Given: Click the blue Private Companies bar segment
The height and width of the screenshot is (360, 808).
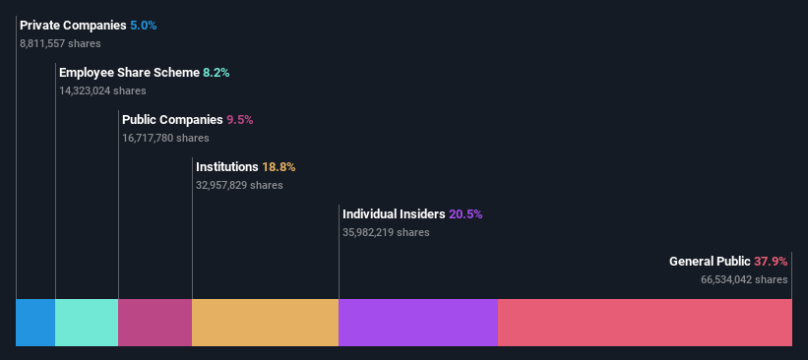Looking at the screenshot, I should click(x=35, y=323).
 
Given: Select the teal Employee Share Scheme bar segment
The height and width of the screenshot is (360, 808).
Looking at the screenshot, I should click(x=87, y=323).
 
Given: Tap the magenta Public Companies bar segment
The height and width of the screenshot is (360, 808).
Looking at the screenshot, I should click(x=155, y=323).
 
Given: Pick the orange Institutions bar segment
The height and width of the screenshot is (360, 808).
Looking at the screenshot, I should click(x=265, y=323).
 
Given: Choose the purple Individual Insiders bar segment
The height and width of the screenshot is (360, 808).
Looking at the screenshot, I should click(x=417, y=323).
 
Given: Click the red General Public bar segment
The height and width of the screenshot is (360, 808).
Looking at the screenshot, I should click(x=645, y=323).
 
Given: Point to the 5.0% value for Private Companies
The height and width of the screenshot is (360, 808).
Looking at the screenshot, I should click(x=144, y=25).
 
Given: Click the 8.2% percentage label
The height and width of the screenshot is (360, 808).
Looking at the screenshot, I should click(x=217, y=72).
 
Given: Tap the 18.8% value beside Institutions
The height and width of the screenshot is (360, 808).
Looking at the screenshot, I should click(x=279, y=166).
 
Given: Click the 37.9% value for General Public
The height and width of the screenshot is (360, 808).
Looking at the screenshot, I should click(x=771, y=261).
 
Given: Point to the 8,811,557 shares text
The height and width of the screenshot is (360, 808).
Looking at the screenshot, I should click(x=59, y=43).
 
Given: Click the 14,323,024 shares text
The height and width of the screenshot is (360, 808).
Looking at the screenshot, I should click(x=102, y=90).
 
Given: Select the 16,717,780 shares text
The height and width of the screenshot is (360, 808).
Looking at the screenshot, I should click(x=165, y=138).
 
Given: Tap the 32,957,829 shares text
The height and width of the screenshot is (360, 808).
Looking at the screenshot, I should click(x=239, y=185).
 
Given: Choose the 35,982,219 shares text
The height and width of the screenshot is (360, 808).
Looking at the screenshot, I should click(x=386, y=232).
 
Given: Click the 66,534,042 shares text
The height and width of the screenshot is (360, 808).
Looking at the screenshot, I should click(x=744, y=279).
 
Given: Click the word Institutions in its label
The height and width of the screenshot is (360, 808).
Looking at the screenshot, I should click(x=227, y=166).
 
